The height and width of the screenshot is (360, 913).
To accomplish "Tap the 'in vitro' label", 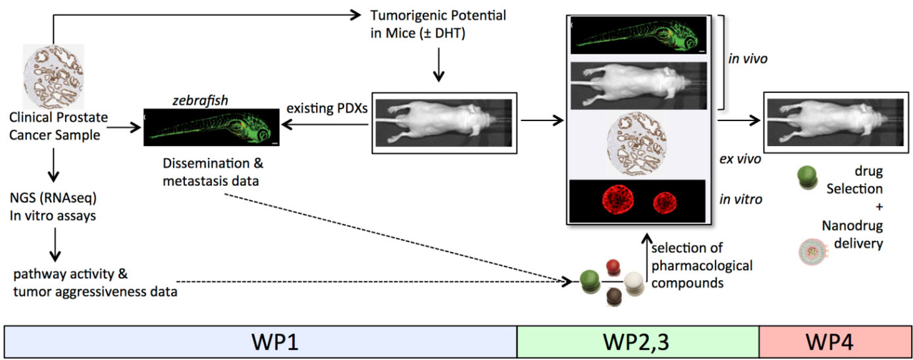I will [x=745, y=199].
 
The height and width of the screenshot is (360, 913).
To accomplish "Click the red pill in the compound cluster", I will [x=613, y=267].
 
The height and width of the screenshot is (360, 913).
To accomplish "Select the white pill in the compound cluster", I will [x=633, y=282].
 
